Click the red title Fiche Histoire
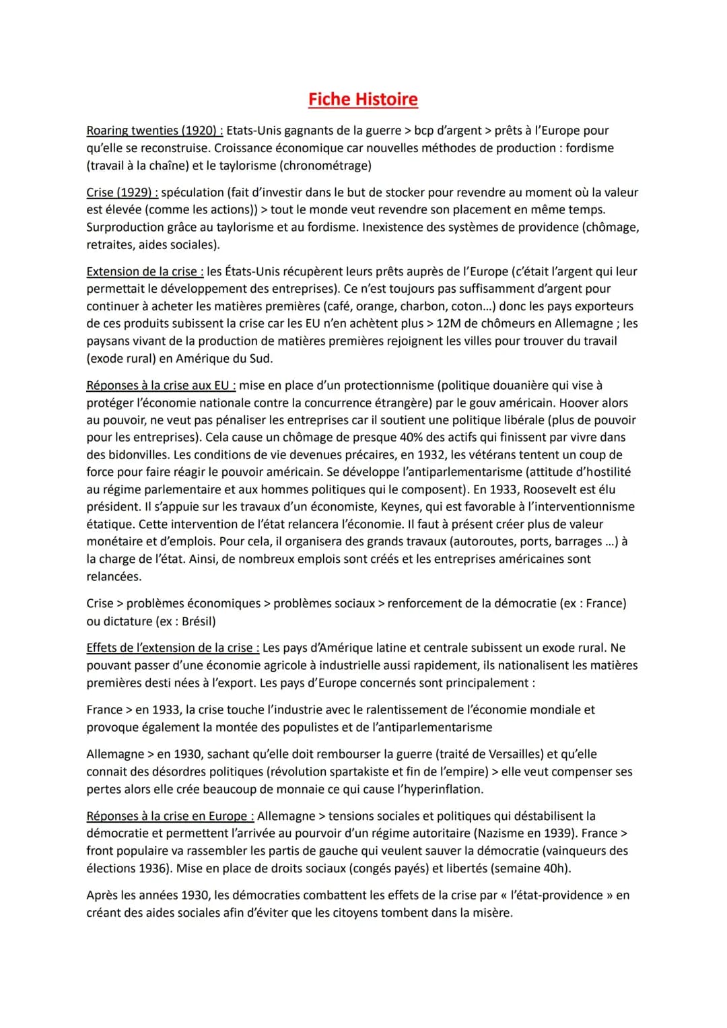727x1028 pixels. pyautogui.click(x=363, y=100)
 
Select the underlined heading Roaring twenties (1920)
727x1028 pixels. pyautogui.click(x=155, y=131)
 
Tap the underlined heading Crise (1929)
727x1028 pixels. pyautogui.click(x=122, y=193)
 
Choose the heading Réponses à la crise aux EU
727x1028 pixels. pyautogui.click(x=161, y=386)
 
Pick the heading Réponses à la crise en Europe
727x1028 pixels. pyautogui.click(x=170, y=816)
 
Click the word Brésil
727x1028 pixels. pyautogui.click(x=199, y=621)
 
